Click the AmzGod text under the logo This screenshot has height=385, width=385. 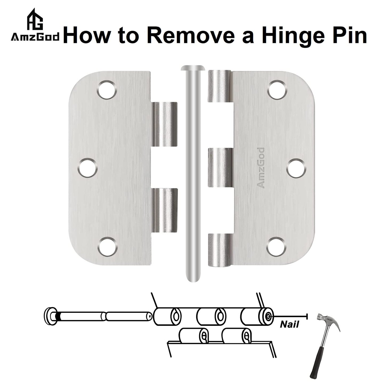pyautogui.click(x=35, y=38)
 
